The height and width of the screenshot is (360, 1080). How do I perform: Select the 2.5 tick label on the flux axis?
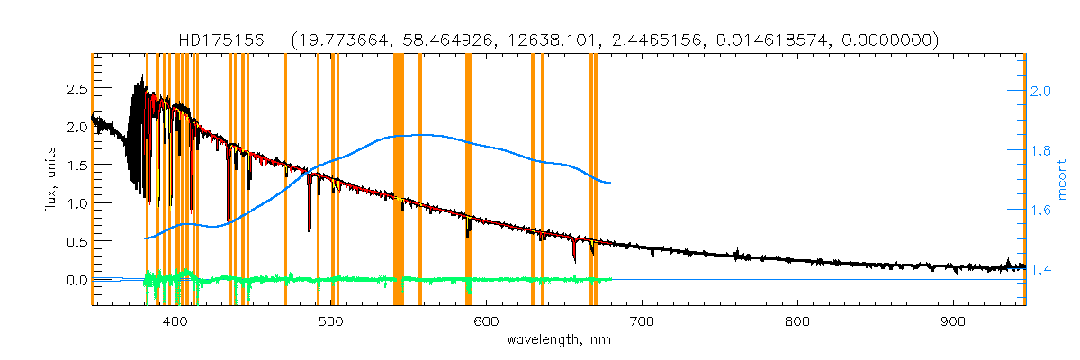[x=76, y=89]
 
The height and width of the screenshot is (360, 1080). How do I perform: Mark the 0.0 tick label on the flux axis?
[x=76, y=280]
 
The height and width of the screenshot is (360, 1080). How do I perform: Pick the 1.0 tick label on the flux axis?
[x=76, y=203]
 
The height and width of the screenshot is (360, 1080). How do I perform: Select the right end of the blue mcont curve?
[x=611, y=183]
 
